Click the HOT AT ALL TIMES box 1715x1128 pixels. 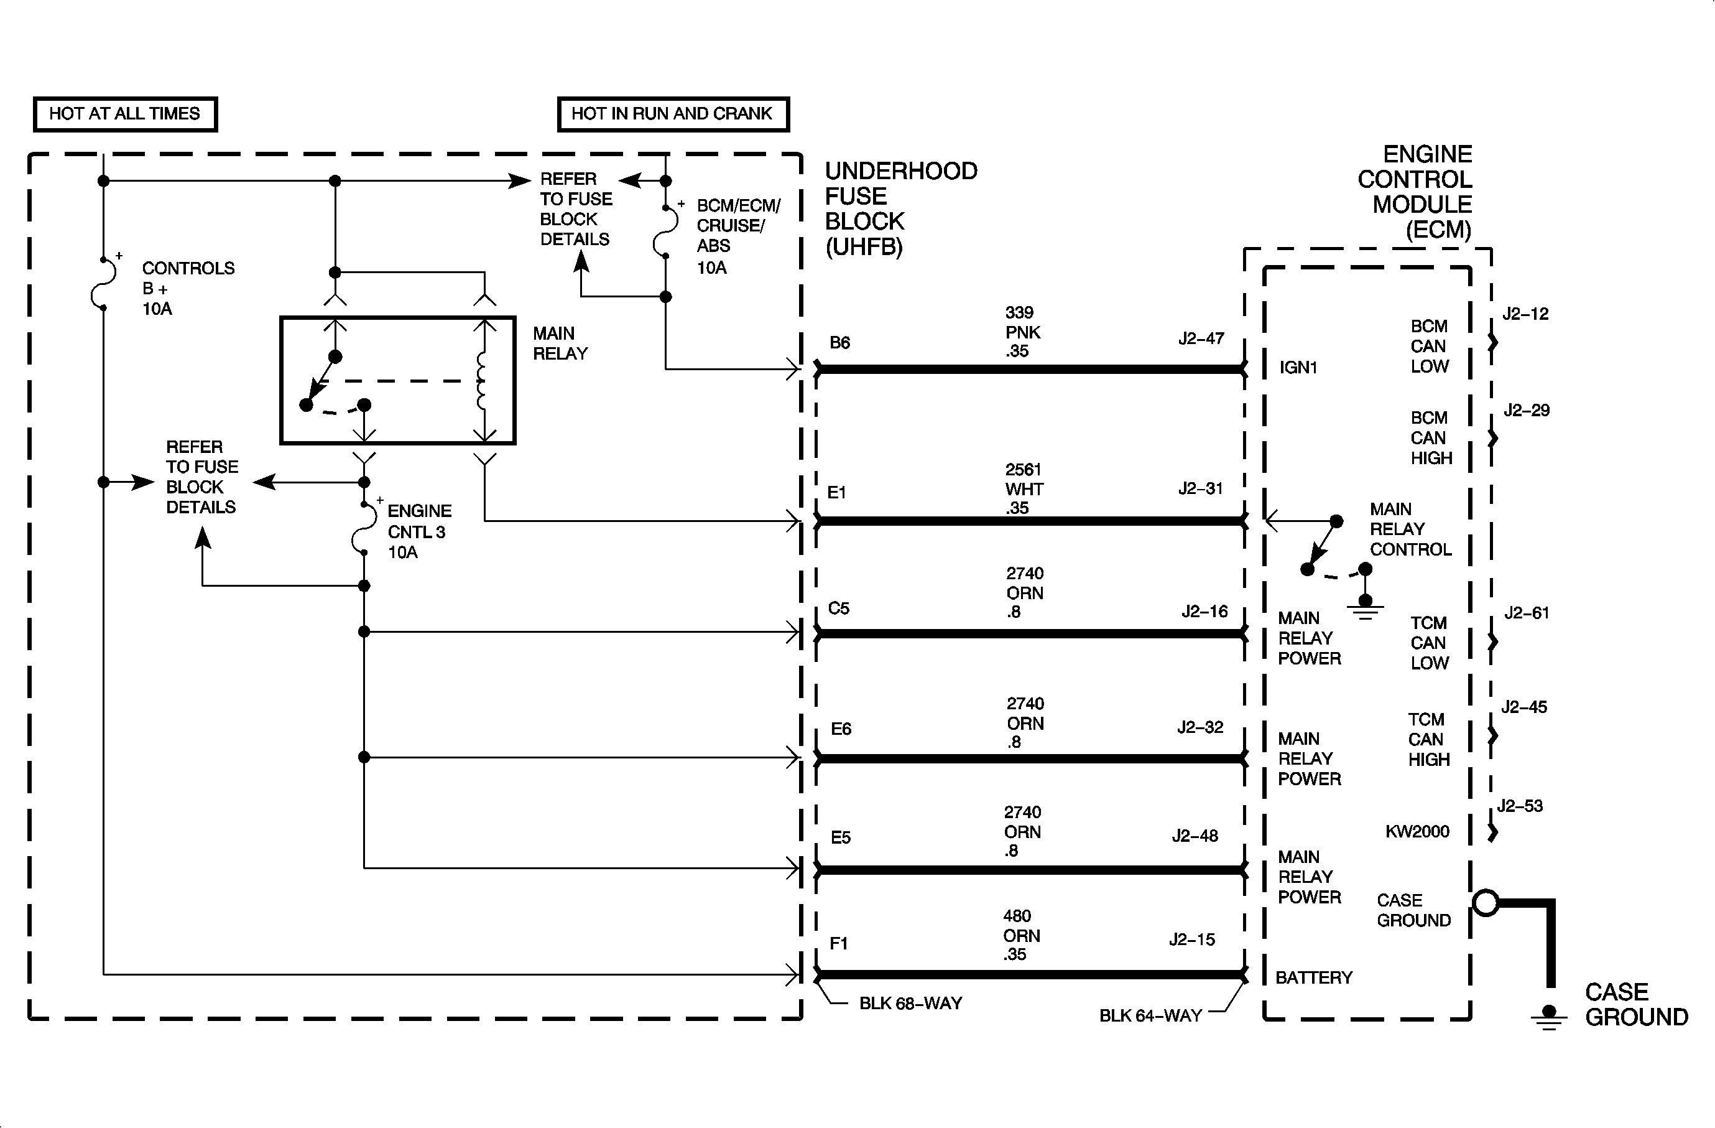126,114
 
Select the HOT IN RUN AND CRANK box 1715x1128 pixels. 673,114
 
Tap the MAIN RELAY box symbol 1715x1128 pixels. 398,380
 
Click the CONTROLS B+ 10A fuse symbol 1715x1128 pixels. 103,283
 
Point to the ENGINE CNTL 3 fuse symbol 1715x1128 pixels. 364,528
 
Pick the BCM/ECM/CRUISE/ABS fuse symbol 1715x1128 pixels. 666,230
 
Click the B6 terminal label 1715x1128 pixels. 840,342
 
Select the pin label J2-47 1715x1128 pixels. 1201,338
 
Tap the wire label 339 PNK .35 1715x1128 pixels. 1022,332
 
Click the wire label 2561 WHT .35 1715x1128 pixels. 1024,488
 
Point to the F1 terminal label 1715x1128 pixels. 839,943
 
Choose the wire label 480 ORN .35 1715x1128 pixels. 1021,935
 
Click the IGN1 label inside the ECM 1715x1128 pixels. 1298,368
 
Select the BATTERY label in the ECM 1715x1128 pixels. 1314,977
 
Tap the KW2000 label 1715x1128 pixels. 1417,832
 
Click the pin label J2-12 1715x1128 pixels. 1525,314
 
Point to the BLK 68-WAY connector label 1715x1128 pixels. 910,1004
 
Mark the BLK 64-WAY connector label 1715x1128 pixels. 1150,1015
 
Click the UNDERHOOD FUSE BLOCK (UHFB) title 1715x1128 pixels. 901,209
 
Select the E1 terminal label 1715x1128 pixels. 836,492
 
